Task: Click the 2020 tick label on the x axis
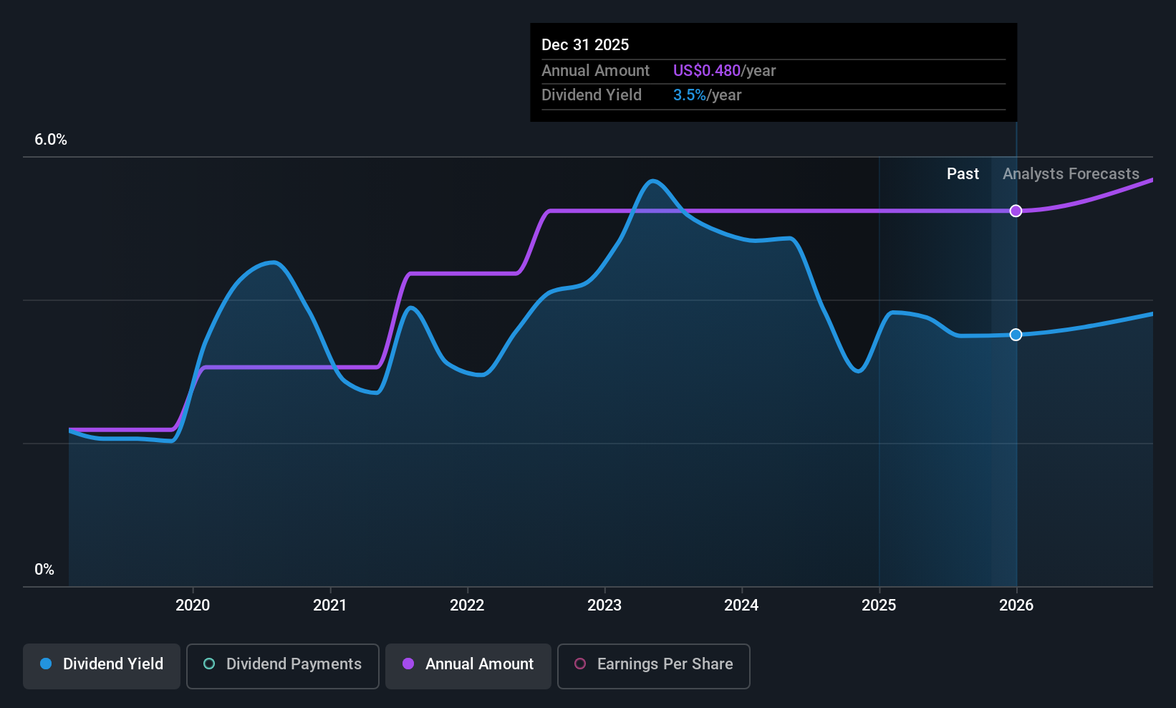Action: pyautogui.click(x=193, y=606)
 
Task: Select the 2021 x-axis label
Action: pyautogui.click(x=330, y=606)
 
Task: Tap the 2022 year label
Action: pyautogui.click(x=467, y=606)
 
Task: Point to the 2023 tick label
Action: pyautogui.click(x=604, y=606)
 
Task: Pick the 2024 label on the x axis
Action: pyautogui.click(x=741, y=606)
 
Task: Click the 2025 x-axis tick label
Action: pyautogui.click(x=879, y=606)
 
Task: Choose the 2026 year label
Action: pyautogui.click(x=1016, y=606)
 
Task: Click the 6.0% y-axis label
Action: pyautogui.click(x=51, y=140)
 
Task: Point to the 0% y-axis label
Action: pyautogui.click(x=44, y=570)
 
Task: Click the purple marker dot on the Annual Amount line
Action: pyautogui.click(x=1016, y=211)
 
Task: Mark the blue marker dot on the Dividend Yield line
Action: pyautogui.click(x=1016, y=335)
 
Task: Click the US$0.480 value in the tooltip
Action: pyautogui.click(x=706, y=71)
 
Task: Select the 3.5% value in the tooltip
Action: pyautogui.click(x=689, y=95)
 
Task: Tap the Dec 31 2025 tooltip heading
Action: pyautogui.click(x=585, y=45)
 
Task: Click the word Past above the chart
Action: pyautogui.click(x=963, y=174)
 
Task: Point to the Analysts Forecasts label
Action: pyautogui.click(x=1071, y=174)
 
